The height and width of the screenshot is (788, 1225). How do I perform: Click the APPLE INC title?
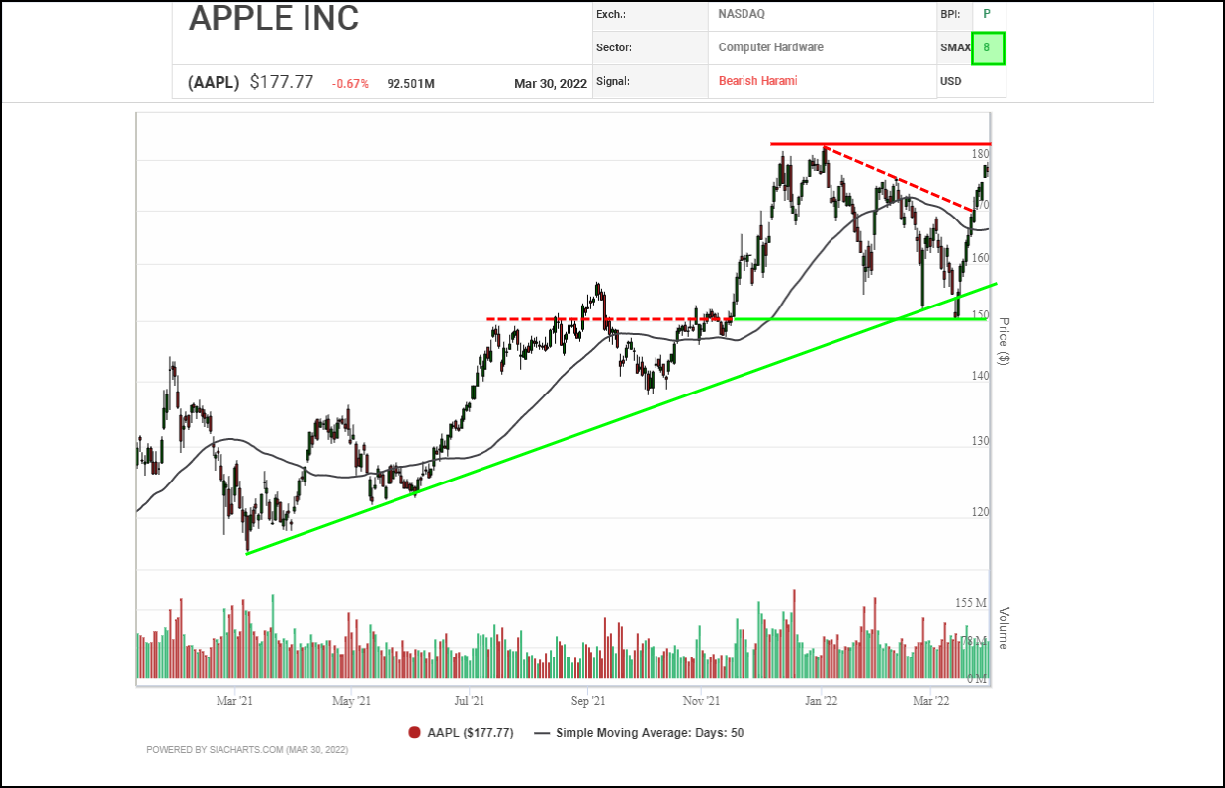(x=274, y=18)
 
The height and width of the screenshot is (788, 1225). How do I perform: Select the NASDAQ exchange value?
(x=742, y=15)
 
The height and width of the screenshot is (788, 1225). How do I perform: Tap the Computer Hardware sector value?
(x=770, y=47)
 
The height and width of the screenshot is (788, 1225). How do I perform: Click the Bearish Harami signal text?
(x=757, y=81)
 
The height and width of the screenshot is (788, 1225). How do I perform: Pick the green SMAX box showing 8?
(x=987, y=47)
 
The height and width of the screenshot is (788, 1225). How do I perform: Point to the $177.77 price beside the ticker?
(x=282, y=83)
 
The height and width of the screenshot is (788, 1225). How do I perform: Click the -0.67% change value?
(x=350, y=84)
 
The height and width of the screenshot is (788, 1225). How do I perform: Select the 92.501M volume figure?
(x=411, y=84)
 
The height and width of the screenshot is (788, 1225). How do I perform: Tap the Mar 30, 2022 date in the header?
(x=551, y=84)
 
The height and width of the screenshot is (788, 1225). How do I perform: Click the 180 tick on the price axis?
(x=980, y=154)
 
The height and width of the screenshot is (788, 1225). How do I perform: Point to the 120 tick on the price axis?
(x=980, y=512)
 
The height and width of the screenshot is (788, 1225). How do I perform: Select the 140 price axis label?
(x=980, y=376)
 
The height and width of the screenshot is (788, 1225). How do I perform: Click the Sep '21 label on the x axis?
(x=587, y=701)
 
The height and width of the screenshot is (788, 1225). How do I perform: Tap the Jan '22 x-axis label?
(x=821, y=701)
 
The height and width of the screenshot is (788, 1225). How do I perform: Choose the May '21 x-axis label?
(x=351, y=701)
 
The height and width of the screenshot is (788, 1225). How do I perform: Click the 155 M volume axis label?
(x=971, y=603)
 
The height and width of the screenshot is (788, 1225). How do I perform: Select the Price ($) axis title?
(x=1004, y=341)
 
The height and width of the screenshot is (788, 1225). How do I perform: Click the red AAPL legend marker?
(x=414, y=733)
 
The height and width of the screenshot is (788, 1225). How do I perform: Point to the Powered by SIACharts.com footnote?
(x=247, y=750)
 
